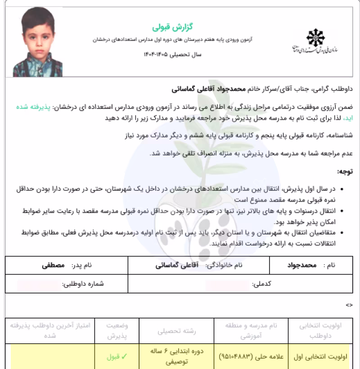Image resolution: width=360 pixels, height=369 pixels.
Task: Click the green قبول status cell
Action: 115,356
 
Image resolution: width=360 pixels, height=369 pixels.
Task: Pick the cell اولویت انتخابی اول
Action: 320,356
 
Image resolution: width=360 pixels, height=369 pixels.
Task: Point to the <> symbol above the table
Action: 349,305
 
